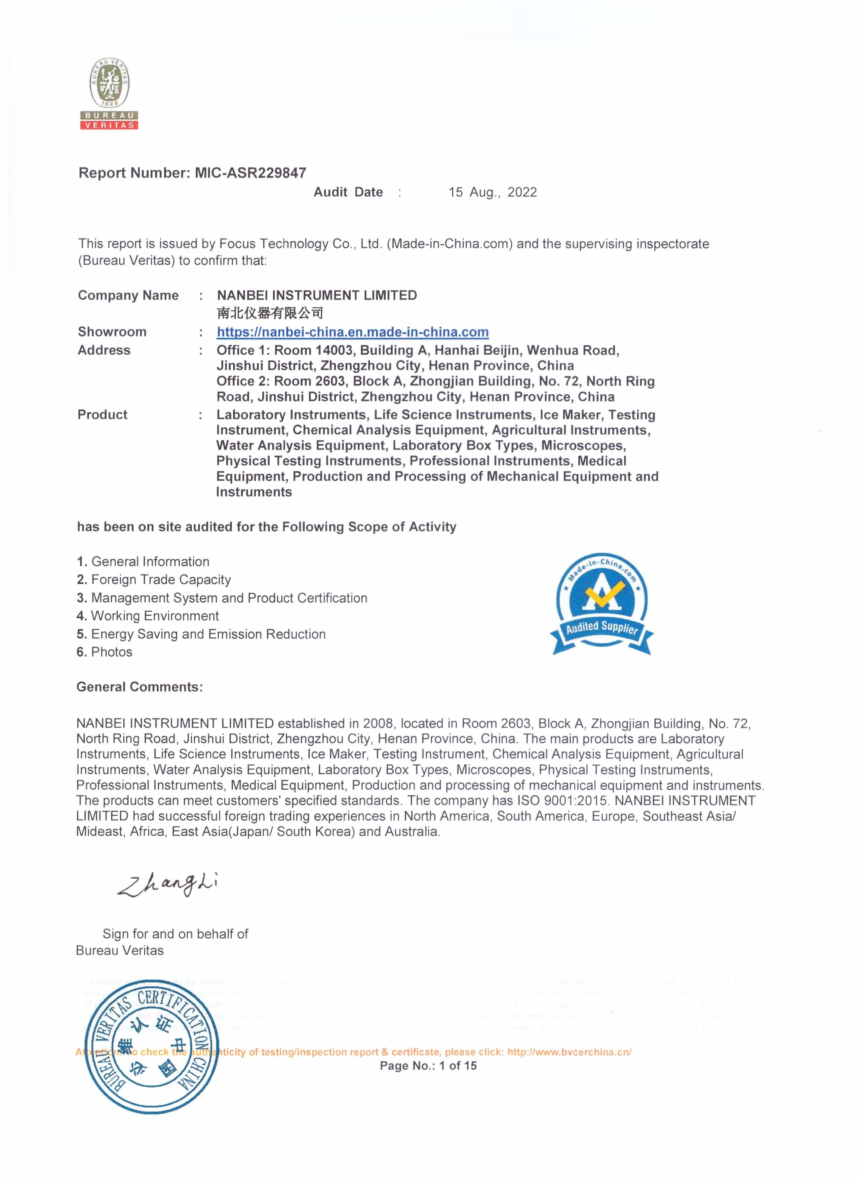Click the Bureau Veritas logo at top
109,94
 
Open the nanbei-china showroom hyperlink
352,332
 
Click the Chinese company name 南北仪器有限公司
270,313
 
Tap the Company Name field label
128,296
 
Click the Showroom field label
112,332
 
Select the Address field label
104,350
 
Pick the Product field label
103,415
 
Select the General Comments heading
140,687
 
